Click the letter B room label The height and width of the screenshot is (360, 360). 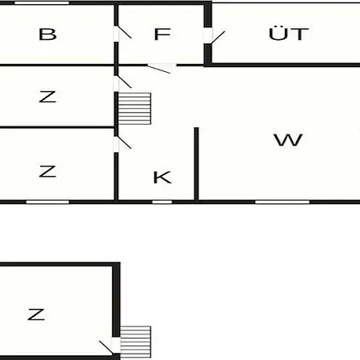[x=48, y=34]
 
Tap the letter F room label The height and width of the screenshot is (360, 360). [x=162, y=34]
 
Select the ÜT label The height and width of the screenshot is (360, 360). [x=289, y=33]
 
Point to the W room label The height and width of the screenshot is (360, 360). [x=288, y=139]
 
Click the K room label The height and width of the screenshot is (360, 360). [x=162, y=178]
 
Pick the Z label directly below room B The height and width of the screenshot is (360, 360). [x=47, y=97]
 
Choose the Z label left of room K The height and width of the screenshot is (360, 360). [x=47, y=171]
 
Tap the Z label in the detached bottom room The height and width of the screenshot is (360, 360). [x=36, y=314]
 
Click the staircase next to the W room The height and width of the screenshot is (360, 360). [x=134, y=109]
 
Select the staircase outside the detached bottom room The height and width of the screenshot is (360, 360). [x=135, y=342]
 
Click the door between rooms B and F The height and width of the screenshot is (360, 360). [x=122, y=34]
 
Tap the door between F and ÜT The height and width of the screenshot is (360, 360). [x=214, y=37]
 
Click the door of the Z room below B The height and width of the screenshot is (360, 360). [x=122, y=83]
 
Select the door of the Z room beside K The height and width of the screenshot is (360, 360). [x=122, y=144]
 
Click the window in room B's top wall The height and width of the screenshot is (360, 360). [x=42, y=3]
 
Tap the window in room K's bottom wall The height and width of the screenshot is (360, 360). [x=162, y=202]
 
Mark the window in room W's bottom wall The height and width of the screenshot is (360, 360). [x=282, y=202]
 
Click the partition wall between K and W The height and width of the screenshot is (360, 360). [x=196, y=164]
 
